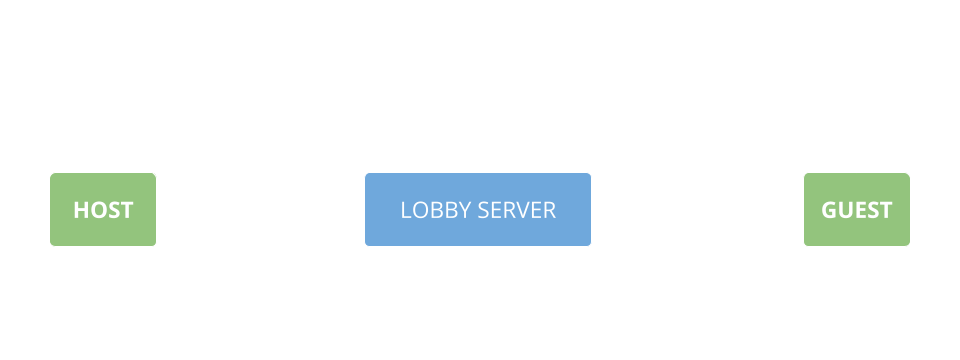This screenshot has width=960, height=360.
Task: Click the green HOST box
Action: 103,209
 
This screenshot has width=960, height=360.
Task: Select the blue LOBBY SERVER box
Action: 477,209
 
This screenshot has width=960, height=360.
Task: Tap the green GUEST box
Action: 856,209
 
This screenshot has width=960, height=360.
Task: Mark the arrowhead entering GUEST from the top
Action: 857,168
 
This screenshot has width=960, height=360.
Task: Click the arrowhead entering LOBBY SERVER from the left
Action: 360,234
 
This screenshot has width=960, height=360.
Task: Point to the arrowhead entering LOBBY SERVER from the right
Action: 596,185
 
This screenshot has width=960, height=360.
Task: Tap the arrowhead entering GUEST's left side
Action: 799,234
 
